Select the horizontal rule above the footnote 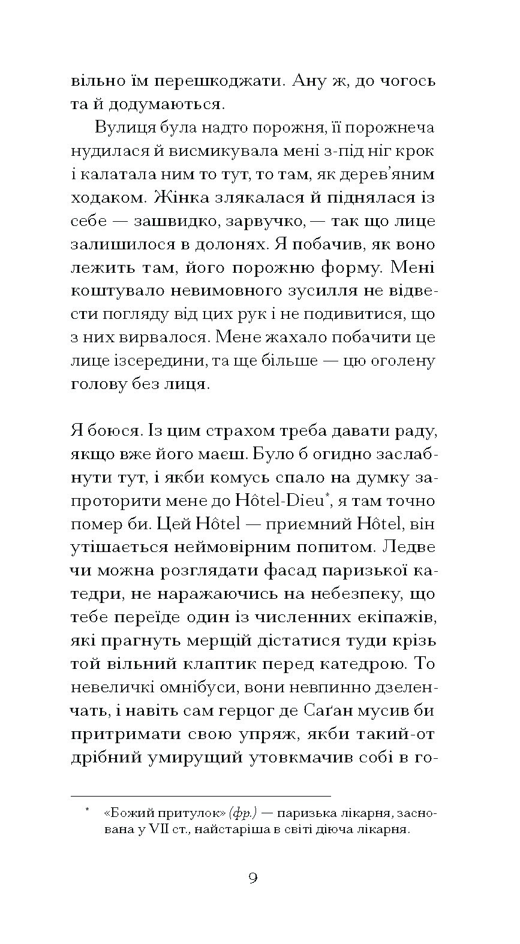(x=200, y=796)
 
